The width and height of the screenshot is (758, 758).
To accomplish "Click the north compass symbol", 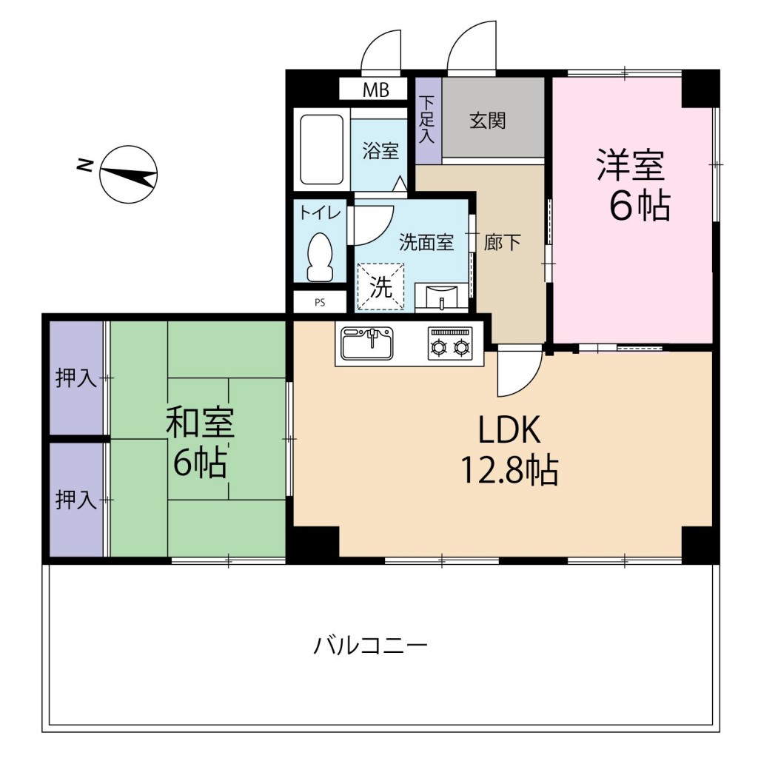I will pos(129,174).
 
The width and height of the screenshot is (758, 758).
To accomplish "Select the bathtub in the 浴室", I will pos(321,150).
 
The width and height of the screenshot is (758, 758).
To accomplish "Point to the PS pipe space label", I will pos(320,302).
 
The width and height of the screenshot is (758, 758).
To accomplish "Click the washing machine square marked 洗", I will pos(381,287).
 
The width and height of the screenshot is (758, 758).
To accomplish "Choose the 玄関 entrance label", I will pos(488,121).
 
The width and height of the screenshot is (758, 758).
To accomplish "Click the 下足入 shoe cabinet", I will pos(428,121).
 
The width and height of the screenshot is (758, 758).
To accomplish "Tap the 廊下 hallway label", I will pos(503,242).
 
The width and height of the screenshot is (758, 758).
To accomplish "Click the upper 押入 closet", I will pos(76,378).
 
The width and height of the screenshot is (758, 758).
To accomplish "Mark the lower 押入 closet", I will pos(76,500).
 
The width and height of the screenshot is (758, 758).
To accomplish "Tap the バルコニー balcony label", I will pos(370,645).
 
